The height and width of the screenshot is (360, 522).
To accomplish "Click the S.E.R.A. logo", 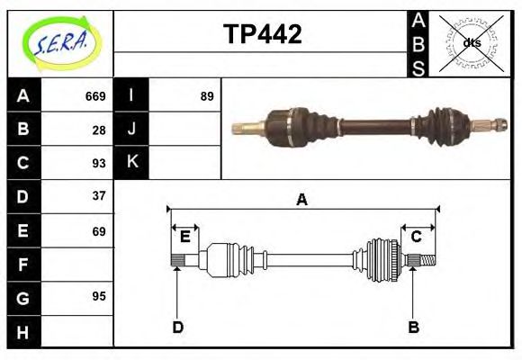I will pyautogui.click(x=60, y=43).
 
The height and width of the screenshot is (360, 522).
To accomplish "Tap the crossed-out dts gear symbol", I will pyautogui.click(x=472, y=43).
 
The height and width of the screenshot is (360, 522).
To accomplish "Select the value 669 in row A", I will pyautogui.click(x=95, y=96).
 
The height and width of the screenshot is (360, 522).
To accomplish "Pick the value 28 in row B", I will pyautogui.click(x=99, y=130).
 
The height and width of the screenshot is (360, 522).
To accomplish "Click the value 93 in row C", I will pyautogui.click(x=99, y=163).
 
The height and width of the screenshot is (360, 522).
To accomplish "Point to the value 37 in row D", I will pyautogui.click(x=99, y=195).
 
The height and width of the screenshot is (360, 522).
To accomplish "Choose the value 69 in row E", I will pyautogui.click(x=99, y=231).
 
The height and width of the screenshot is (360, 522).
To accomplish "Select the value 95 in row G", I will pyautogui.click(x=99, y=296).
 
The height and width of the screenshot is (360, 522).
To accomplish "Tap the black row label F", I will pyautogui.click(x=23, y=265).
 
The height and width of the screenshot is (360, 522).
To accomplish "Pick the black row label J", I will pyautogui.click(x=132, y=130).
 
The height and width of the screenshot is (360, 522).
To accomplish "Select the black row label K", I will pyautogui.click(x=132, y=163).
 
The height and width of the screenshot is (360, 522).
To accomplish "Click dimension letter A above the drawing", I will pyautogui.click(x=301, y=200).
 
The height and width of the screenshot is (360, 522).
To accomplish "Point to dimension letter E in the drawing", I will pyautogui.click(x=184, y=237).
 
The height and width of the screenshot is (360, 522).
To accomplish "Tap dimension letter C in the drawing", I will pyautogui.click(x=417, y=237).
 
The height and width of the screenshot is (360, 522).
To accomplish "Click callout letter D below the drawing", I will pyautogui.click(x=177, y=327).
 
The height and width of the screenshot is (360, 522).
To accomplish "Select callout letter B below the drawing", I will pyautogui.click(x=414, y=327).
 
